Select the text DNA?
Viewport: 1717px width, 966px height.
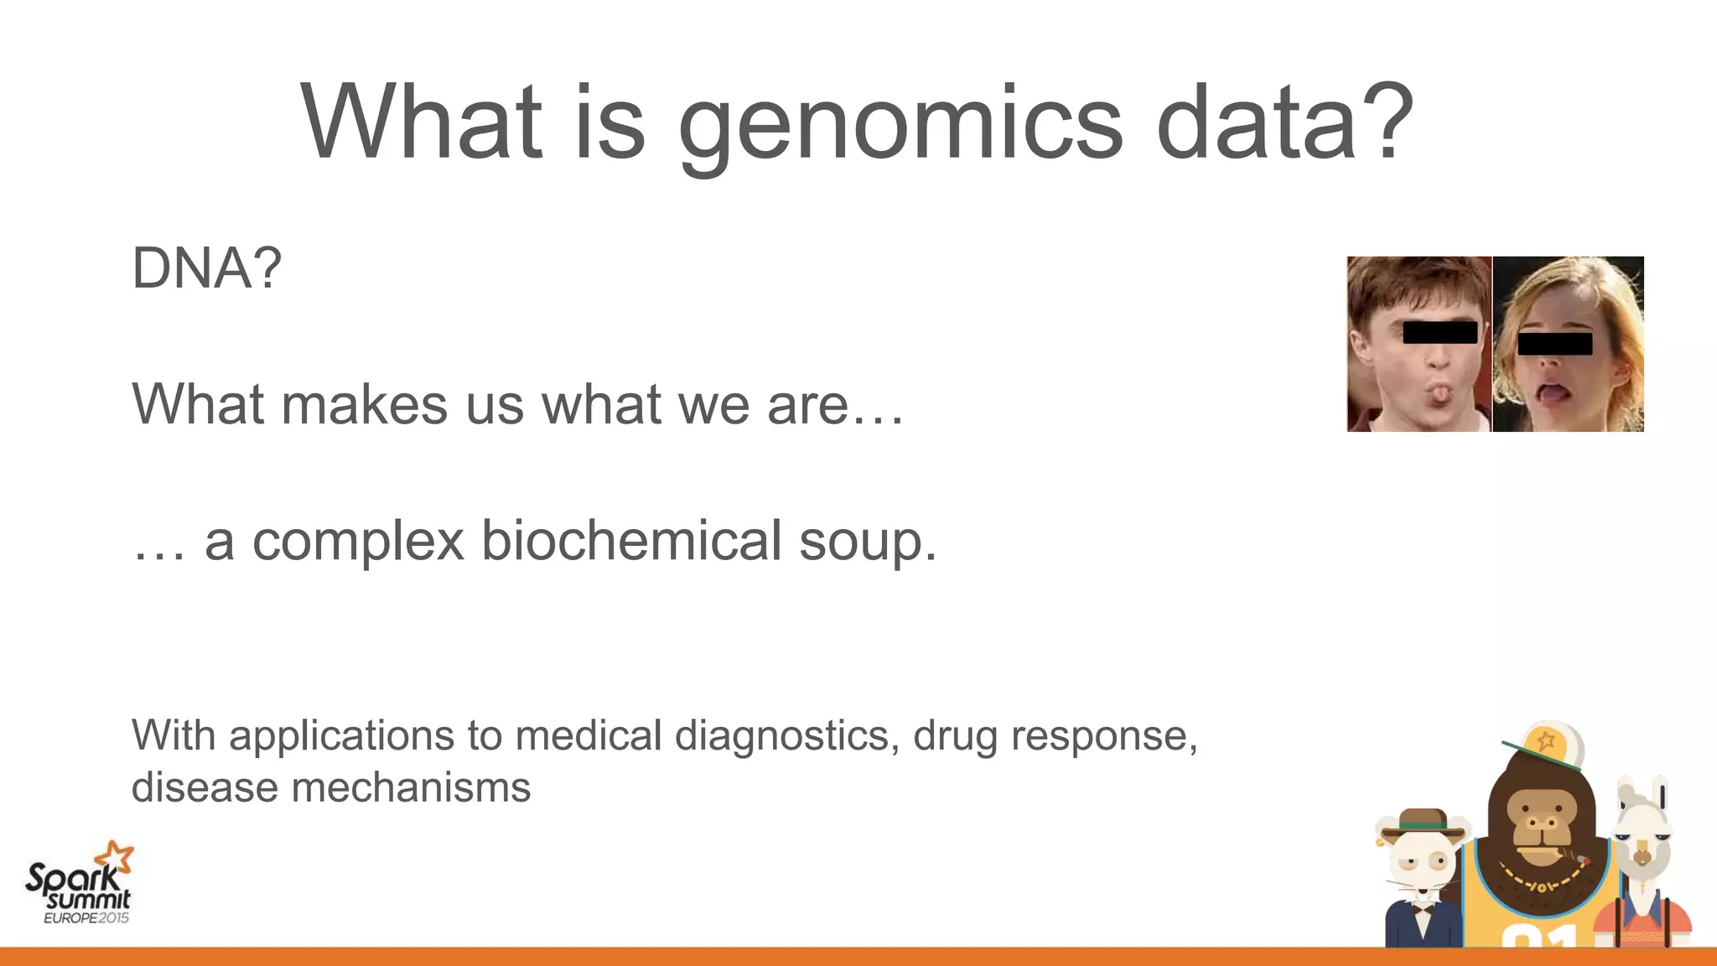tap(206, 268)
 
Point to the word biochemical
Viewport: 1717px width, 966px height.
tap(632, 540)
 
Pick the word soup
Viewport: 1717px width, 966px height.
tap(866, 543)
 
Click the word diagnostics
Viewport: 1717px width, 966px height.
tap(786, 736)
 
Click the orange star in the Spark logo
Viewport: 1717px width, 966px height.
tap(115, 858)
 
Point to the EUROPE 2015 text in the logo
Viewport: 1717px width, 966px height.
tap(86, 918)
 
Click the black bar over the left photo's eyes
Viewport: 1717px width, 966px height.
tap(1439, 332)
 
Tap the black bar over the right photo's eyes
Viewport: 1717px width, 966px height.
tap(1554, 344)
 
